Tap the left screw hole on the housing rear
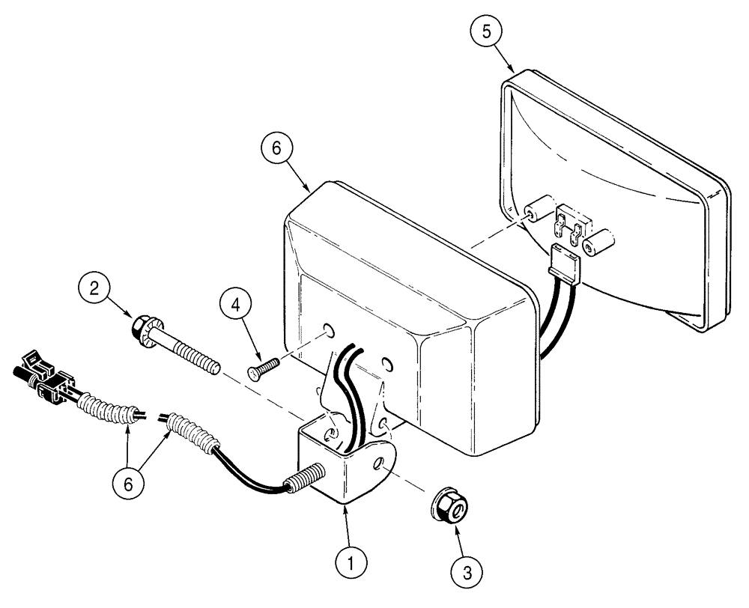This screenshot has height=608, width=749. coord(329,330)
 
